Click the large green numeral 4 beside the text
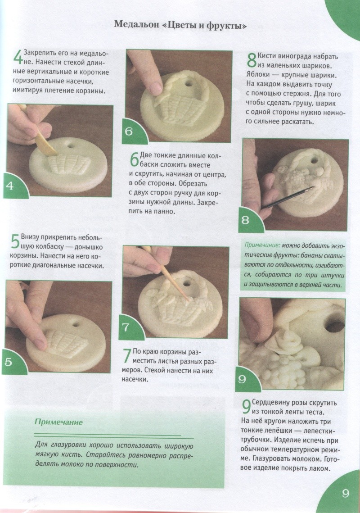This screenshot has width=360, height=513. click(x=18, y=57)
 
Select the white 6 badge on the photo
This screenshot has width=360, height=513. click(x=129, y=132)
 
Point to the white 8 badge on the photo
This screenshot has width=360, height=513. click(x=245, y=220)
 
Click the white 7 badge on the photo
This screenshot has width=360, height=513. click(x=126, y=327)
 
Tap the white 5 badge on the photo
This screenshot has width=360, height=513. click(x=8, y=362)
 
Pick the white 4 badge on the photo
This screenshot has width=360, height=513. click(x=10, y=186)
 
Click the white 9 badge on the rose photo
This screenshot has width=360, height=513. click(x=242, y=379)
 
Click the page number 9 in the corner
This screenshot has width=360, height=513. click(x=346, y=493)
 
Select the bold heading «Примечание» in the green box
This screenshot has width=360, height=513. click(x=58, y=422)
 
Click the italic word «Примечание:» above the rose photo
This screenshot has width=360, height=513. click(x=262, y=245)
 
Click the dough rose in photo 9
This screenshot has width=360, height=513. click(x=284, y=341)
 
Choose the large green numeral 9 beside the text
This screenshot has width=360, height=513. click(x=246, y=407)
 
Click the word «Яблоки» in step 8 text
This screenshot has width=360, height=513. click(x=257, y=75)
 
